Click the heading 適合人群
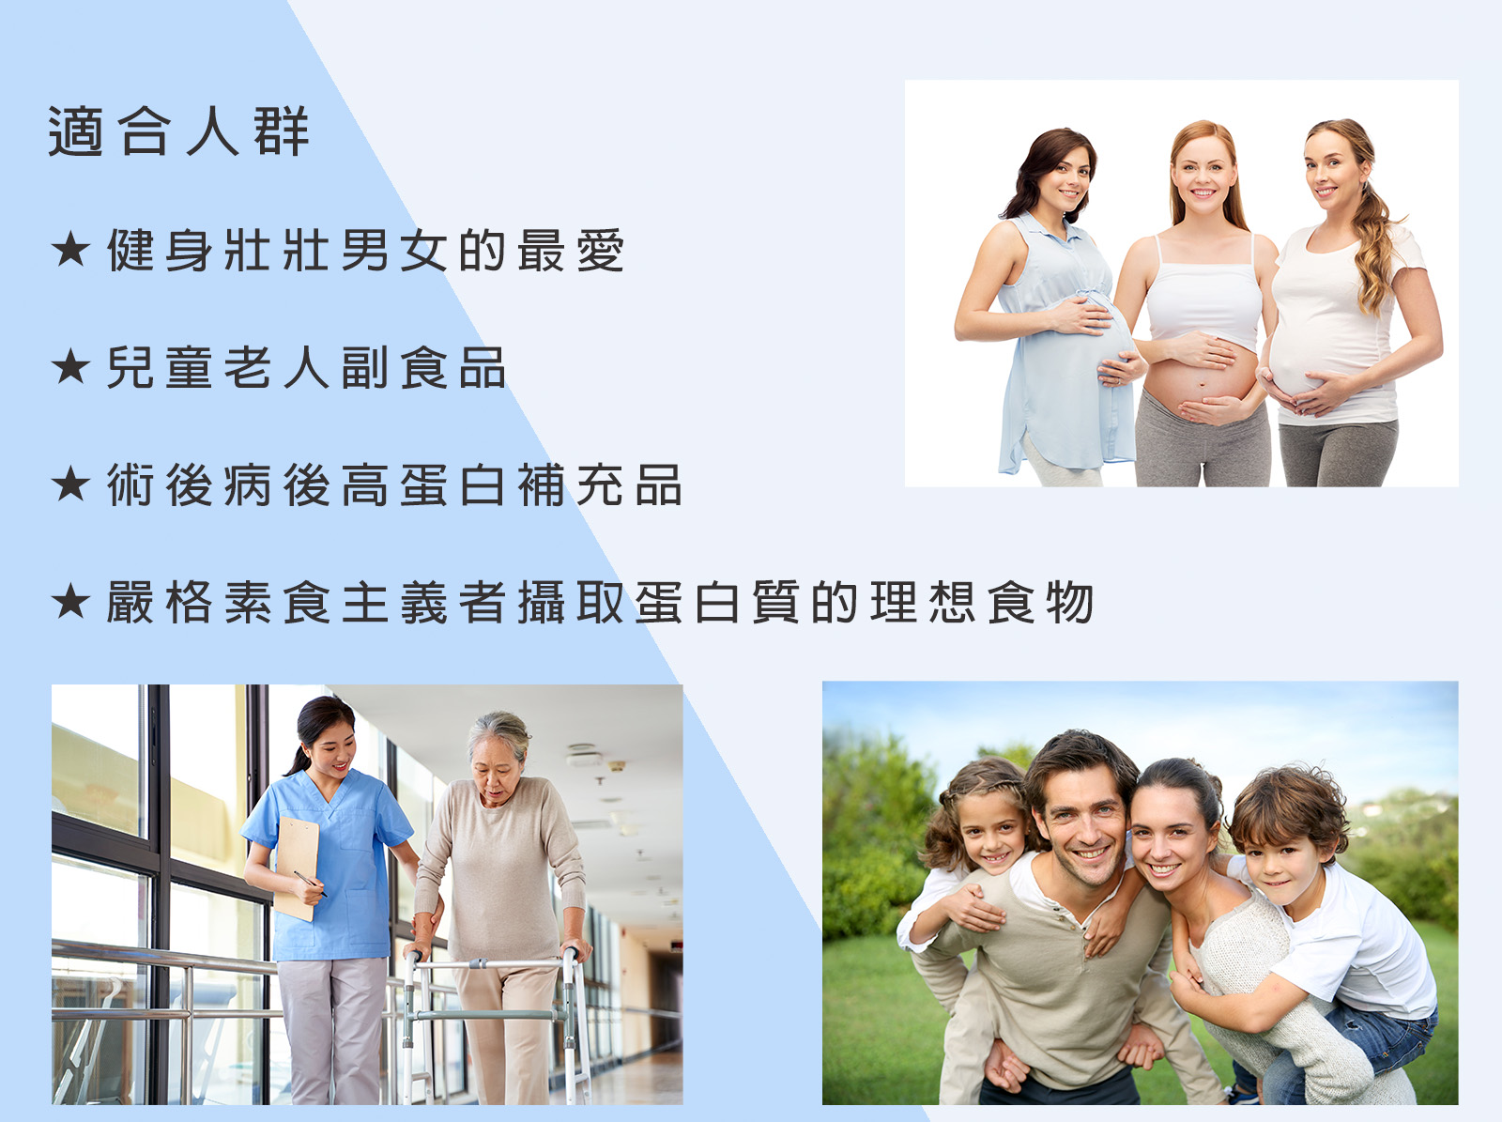pyautogui.click(x=178, y=131)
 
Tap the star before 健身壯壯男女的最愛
pyautogui.click(x=70, y=250)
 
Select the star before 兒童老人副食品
pyautogui.click(x=70, y=367)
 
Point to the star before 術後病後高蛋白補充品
pyautogui.click(x=70, y=484)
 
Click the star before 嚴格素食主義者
pyautogui.click(x=70, y=602)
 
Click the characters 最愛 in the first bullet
pyautogui.click(x=571, y=251)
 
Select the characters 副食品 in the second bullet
pyautogui.click(x=423, y=367)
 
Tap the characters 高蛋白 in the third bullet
pyautogui.click(x=423, y=485)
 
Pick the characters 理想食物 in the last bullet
pyautogui.click(x=982, y=602)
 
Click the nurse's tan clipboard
pyautogui.click(x=297, y=866)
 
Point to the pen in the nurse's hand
pyautogui.click(x=310, y=884)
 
